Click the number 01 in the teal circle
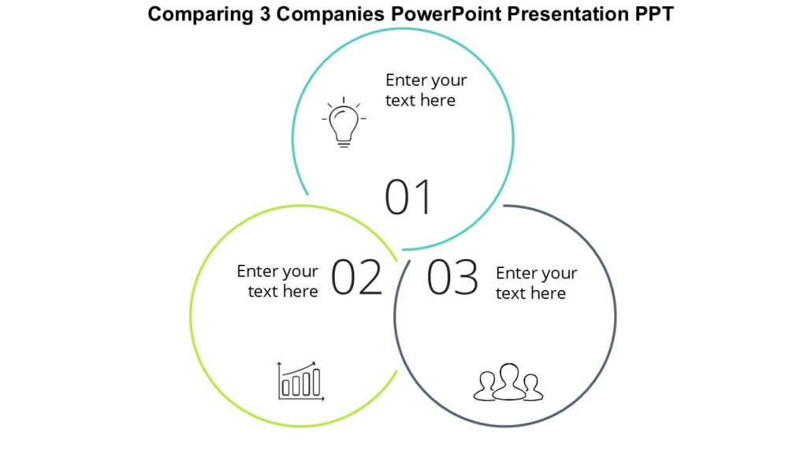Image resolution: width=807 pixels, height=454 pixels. (x=408, y=198)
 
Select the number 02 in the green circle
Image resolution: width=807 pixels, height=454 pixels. (x=356, y=277)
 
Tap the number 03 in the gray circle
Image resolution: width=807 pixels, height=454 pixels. (x=452, y=277)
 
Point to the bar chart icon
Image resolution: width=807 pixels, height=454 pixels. (x=300, y=382)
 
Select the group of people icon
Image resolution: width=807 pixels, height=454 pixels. (x=508, y=382)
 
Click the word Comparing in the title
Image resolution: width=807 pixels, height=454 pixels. (x=198, y=14)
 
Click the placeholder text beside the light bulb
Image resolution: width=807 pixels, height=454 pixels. (x=426, y=90)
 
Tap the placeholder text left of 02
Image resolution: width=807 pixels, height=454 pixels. (x=278, y=281)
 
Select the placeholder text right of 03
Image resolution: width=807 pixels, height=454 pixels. (x=536, y=283)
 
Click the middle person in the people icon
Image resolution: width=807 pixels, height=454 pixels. (x=508, y=378)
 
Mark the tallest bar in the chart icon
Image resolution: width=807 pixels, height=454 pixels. (x=315, y=382)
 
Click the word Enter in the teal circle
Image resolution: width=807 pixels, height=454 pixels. (x=404, y=80)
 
